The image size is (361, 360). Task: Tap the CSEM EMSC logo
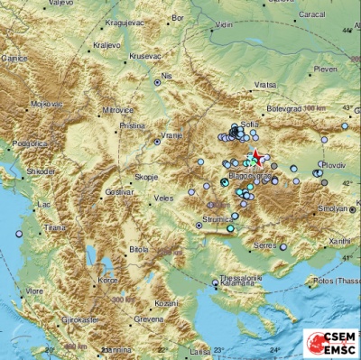[330, 344]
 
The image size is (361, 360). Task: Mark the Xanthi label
[340, 241]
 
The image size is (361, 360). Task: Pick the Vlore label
[34, 292]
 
